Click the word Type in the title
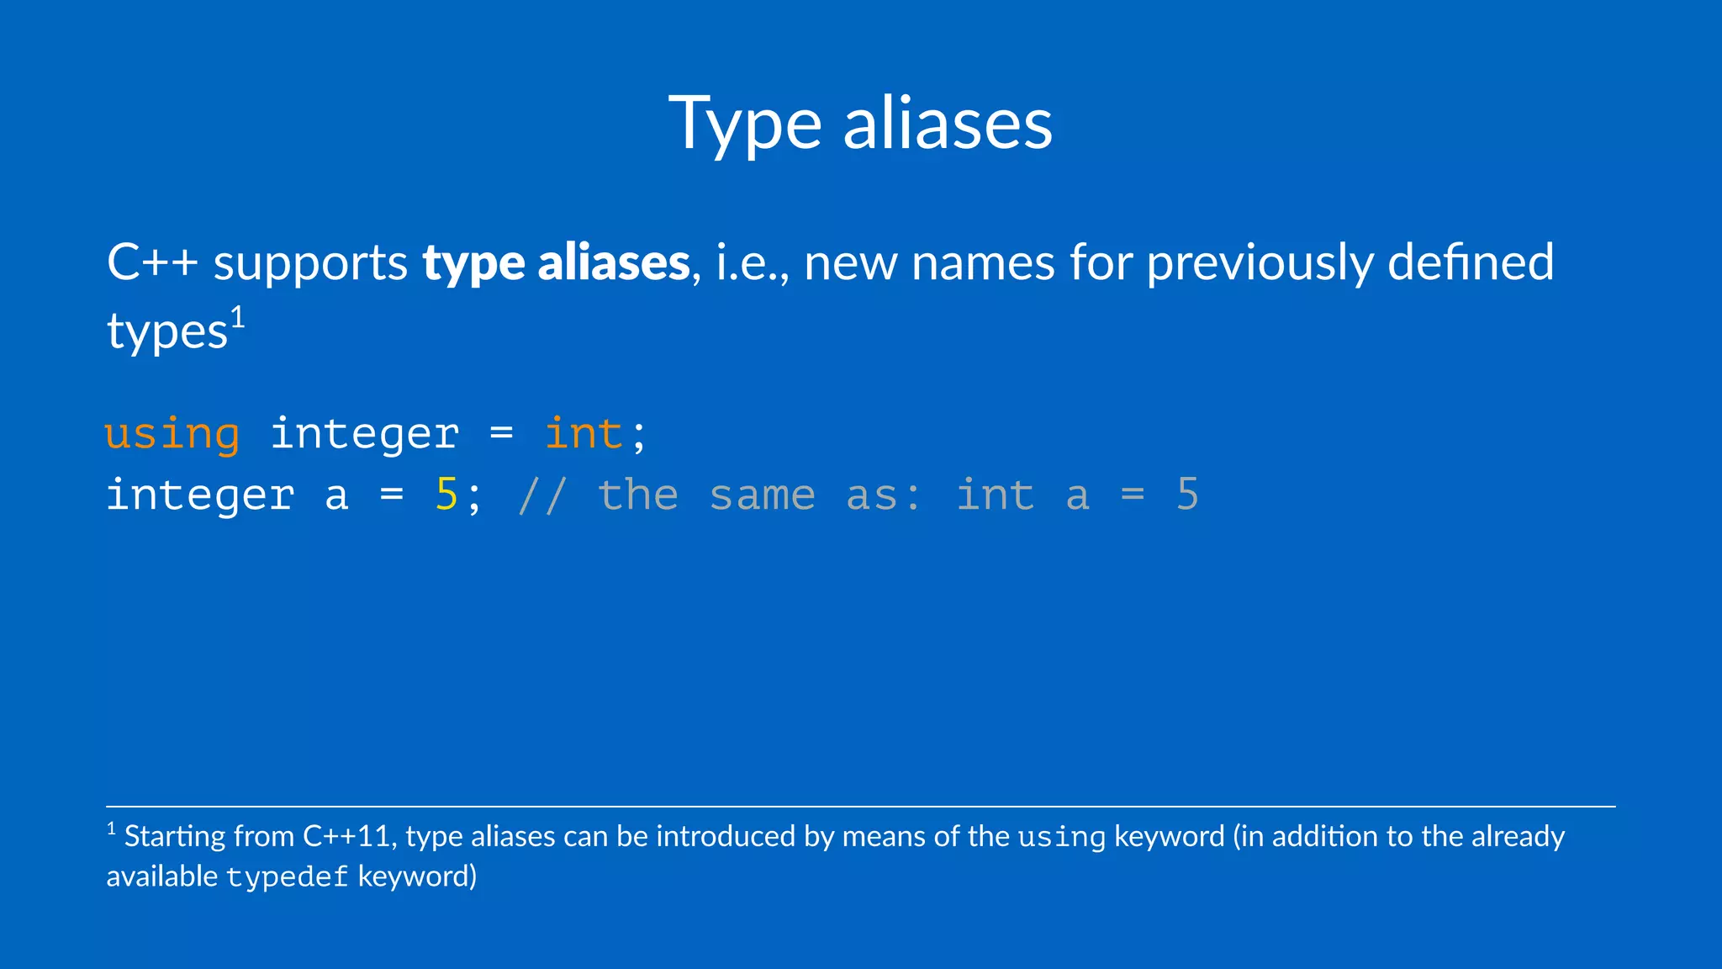click(745, 124)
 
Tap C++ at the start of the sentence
click(151, 262)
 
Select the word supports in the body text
click(310, 264)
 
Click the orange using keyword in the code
click(172, 435)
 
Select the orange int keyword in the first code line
click(584, 434)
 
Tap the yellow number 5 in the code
click(446, 495)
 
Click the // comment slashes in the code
click(542, 495)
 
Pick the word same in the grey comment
click(762, 495)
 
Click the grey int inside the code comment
click(995, 495)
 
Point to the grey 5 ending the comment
click(1186, 495)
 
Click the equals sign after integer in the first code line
click(501, 434)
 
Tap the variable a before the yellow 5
click(336, 496)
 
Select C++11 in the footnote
click(346, 837)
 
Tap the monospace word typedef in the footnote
click(287, 877)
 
